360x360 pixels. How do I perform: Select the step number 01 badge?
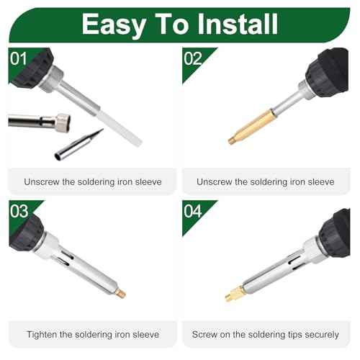(18, 58)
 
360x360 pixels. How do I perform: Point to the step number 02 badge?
(194, 58)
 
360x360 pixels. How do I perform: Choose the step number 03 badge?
(19, 211)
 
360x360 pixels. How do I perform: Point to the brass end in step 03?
(120, 293)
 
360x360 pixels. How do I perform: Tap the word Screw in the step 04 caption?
(205, 335)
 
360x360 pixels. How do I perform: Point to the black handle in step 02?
(328, 72)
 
